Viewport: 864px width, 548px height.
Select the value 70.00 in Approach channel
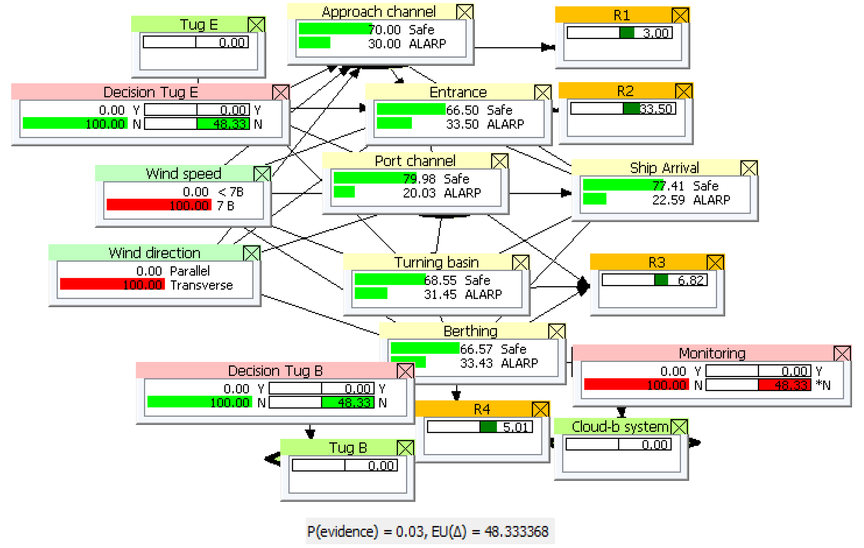pos(384,29)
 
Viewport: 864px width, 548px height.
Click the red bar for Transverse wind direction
pos(112,284)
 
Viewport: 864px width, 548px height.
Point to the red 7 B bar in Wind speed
pos(159,205)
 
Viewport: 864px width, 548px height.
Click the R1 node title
pos(621,15)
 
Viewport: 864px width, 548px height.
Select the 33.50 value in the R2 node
pos(655,108)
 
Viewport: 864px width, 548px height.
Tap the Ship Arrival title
pos(664,168)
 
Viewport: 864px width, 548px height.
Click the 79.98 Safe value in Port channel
pos(419,178)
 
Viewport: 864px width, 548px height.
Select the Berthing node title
pos(470,331)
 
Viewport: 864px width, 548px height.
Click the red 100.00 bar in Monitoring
pos(636,385)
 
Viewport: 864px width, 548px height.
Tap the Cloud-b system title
pos(620,427)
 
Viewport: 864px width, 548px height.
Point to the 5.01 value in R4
pos(515,427)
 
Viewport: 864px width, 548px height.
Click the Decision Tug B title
pos(275,370)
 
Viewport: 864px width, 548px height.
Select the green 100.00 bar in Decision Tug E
pos(75,124)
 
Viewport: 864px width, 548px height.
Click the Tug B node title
pos(348,447)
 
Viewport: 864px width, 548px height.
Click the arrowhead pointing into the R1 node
pos(547,47)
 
